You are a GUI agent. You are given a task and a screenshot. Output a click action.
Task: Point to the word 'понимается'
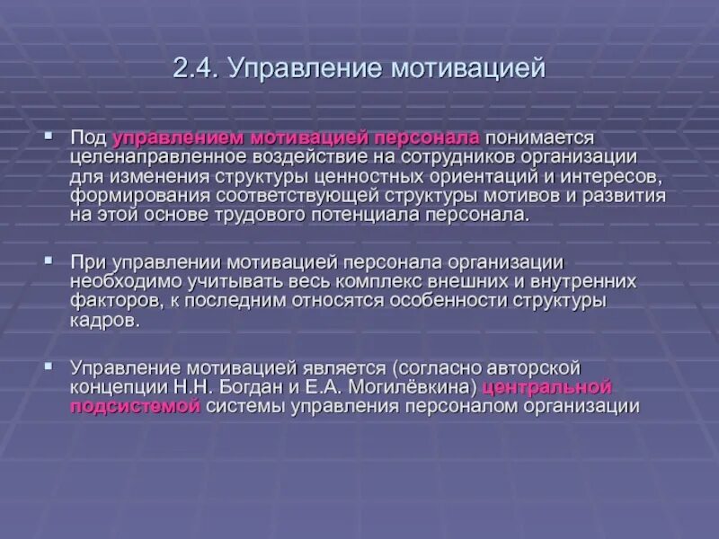coord(539,137)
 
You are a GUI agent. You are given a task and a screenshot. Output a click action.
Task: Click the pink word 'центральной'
coord(547,387)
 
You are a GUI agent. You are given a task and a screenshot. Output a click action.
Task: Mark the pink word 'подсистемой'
coord(134,407)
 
